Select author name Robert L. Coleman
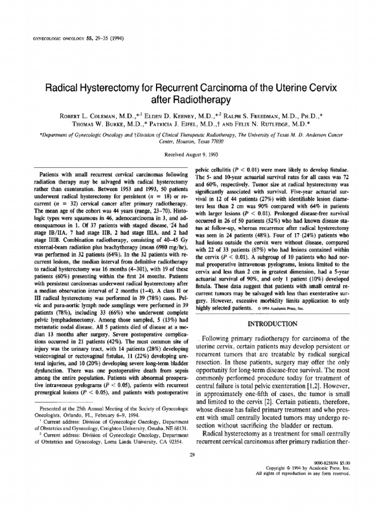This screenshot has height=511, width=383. coord(88,116)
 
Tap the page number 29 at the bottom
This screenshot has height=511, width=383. coord(191,454)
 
